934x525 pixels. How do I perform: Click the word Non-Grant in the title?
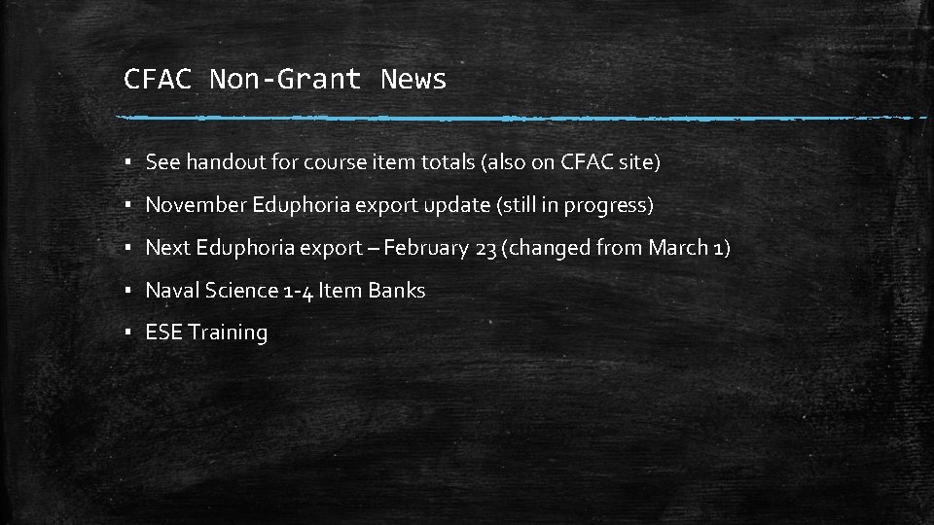pos(285,79)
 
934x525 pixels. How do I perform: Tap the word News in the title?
pos(413,79)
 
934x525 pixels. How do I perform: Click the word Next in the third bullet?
pos(167,248)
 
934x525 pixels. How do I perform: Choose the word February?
pos(426,248)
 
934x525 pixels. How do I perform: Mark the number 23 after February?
pos(485,248)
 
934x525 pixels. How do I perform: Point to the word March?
pos(677,248)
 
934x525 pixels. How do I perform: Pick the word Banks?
pos(395,290)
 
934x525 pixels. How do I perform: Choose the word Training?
pos(228,332)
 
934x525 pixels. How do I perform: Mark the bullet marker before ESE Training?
pos(128,333)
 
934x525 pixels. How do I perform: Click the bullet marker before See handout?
pos(128,163)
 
